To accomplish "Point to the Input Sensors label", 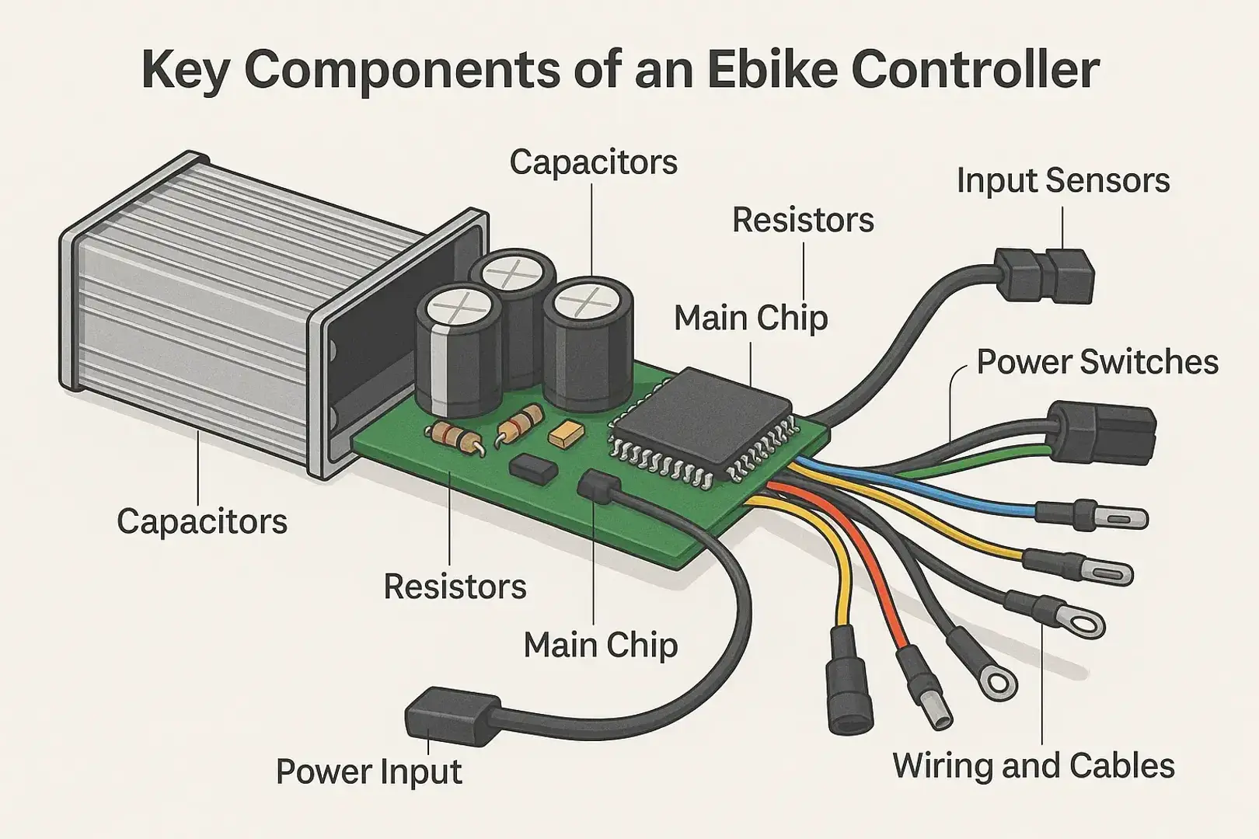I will pos(1062,180).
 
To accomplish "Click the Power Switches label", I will pos(1097,362).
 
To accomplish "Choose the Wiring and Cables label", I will pos(1033,765).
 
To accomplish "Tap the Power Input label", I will pos(368,771).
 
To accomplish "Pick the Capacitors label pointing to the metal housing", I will pos(202,521).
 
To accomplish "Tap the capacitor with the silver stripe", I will pos(454,350).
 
